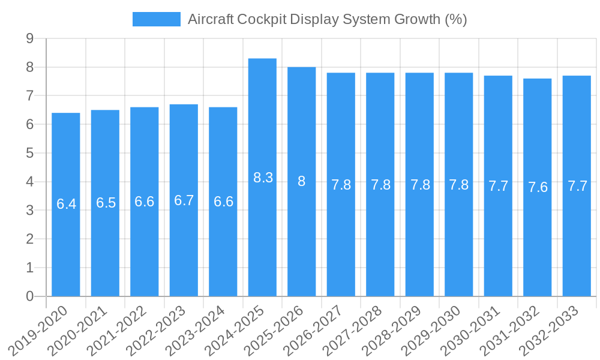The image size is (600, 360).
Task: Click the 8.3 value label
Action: click(263, 178)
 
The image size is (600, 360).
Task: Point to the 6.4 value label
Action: click(66, 204)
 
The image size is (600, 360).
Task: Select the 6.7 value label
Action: click(184, 200)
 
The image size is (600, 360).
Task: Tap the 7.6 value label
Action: click(538, 187)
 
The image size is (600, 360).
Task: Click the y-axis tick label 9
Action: click(29, 38)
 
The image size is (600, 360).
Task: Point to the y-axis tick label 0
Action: click(29, 296)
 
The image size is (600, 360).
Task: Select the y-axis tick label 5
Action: click(29, 153)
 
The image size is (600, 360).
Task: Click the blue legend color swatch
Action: click(156, 19)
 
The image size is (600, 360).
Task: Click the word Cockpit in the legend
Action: click(262, 19)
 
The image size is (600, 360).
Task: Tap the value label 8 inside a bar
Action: click(302, 181)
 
